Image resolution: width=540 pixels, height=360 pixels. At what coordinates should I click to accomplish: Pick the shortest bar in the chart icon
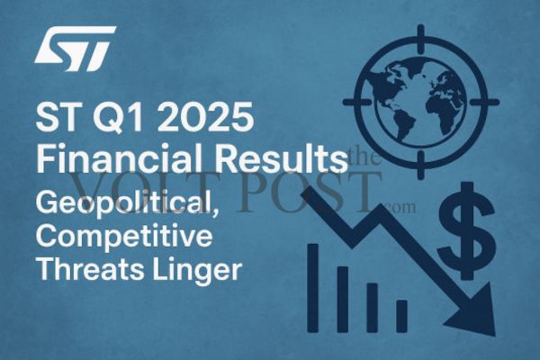tap(401, 314)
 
